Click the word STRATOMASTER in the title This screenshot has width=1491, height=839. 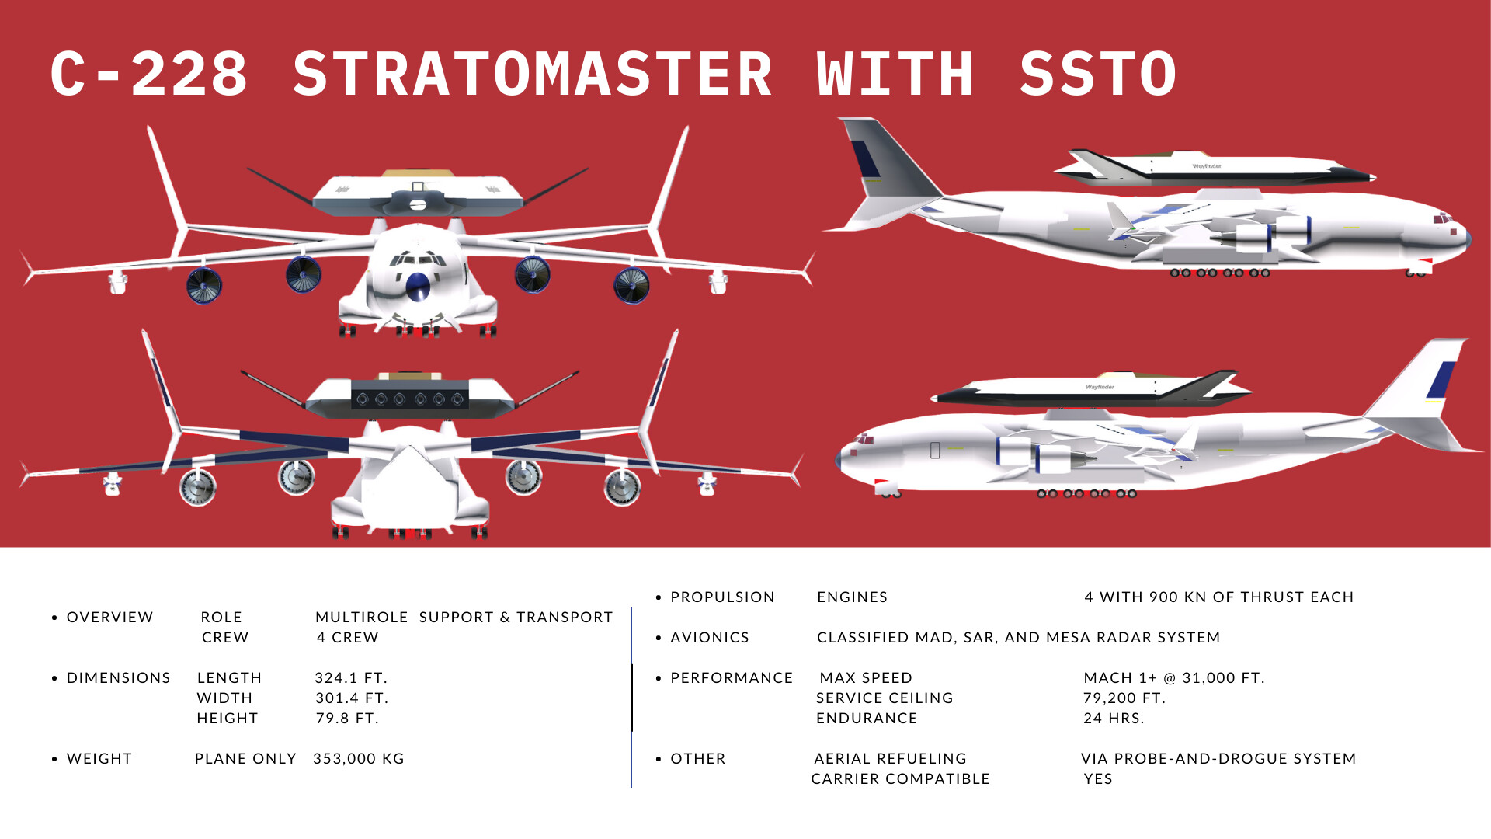[533, 75]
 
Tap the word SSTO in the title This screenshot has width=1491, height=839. [1098, 75]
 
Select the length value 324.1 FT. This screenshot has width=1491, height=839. [351, 678]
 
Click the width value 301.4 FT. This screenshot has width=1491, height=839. [352, 698]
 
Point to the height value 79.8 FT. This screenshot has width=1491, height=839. [347, 719]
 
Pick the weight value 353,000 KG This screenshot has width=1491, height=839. [359, 759]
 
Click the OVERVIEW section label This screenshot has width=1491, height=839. [110, 618]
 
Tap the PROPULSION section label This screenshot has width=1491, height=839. [723, 597]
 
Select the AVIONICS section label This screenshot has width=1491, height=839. [710, 638]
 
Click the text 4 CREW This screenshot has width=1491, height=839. [348, 638]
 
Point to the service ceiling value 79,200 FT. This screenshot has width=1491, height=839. [1124, 698]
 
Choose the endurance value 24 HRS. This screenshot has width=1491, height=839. [1114, 719]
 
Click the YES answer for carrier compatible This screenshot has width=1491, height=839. [1098, 779]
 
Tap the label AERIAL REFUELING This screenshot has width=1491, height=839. [891, 759]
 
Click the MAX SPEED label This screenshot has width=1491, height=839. [866, 678]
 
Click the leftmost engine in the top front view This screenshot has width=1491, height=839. [203, 285]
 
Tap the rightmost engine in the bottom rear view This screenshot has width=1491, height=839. [622, 488]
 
